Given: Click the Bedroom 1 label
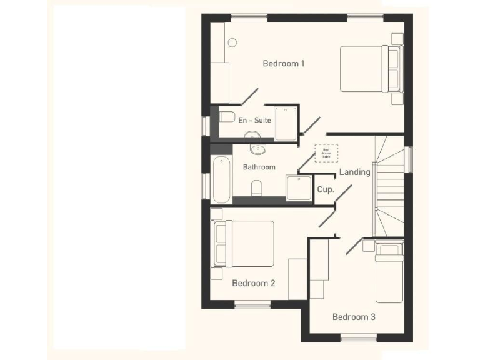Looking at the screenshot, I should pos(284,63).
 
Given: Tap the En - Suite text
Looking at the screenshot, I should pos(254,119).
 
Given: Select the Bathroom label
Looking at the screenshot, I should pos(259,167).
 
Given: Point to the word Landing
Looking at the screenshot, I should pos(354,172).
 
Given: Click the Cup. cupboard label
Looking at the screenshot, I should pos(325,189).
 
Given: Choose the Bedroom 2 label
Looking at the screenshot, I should pos(253,283).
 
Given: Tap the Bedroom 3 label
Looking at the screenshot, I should pos(354,317).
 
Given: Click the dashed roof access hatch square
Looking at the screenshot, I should pos(326,154).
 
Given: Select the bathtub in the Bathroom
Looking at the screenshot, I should pos(221,180).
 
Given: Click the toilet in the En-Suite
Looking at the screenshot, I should pos(227,117).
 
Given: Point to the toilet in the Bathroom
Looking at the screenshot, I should pos(256,187).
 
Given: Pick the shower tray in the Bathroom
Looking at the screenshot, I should pos(298,187).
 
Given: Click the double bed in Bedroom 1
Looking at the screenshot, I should pos(369,69).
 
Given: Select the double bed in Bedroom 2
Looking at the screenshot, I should pos(244,243).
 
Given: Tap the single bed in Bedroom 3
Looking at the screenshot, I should pos(389,272).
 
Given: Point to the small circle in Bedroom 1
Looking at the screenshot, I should pos(232,42).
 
